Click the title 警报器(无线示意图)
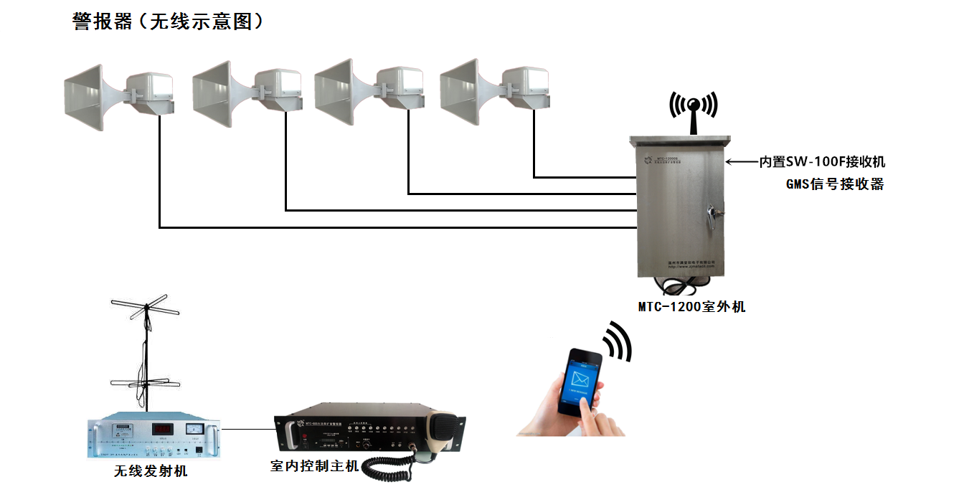click(x=169, y=22)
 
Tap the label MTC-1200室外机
click(x=692, y=307)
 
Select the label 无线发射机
click(x=151, y=471)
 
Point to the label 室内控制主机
click(x=314, y=466)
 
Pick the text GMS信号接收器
click(x=835, y=184)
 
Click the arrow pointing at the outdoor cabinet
click(x=742, y=162)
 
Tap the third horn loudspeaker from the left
click(x=369, y=91)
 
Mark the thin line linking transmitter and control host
click(x=248, y=430)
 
